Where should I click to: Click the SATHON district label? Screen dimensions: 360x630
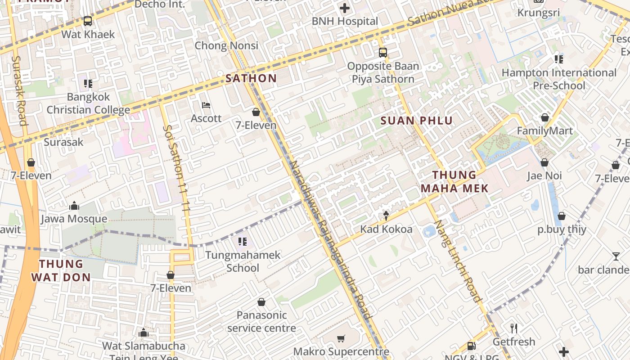(x=251, y=78)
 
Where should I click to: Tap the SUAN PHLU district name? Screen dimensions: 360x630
(x=417, y=121)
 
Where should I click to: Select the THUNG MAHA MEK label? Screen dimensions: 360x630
(x=454, y=181)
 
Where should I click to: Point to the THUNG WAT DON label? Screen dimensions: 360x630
(x=61, y=270)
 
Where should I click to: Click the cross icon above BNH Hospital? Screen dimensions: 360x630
(x=345, y=8)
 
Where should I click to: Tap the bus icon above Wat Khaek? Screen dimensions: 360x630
(x=88, y=21)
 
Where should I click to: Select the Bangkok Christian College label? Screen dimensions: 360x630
(x=88, y=103)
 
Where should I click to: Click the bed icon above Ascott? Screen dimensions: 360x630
(x=206, y=105)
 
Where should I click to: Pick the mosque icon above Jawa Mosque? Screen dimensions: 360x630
(x=74, y=206)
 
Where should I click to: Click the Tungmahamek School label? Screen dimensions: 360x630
(x=243, y=261)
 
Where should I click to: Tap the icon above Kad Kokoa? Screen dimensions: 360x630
(x=386, y=216)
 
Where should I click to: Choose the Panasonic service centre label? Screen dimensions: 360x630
(x=261, y=321)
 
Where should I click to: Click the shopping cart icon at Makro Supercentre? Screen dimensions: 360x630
(x=341, y=338)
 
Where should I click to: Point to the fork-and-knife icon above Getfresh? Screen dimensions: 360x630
(x=513, y=328)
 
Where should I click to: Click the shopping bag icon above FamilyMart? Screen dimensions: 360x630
(x=545, y=117)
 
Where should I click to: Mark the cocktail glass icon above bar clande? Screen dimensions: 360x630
(x=616, y=256)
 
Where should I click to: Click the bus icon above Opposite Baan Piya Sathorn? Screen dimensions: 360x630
(x=383, y=53)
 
